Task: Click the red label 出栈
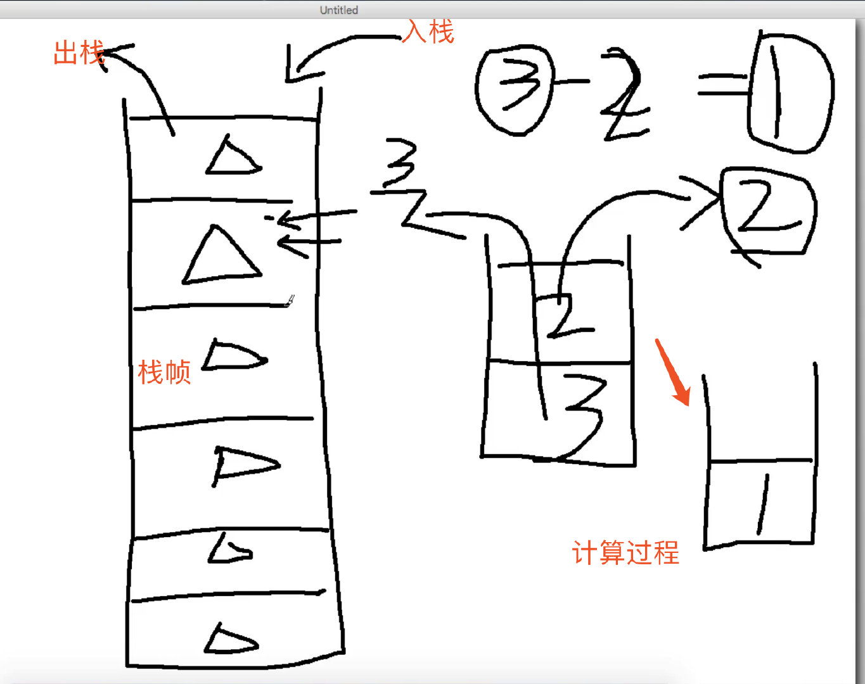click(x=78, y=53)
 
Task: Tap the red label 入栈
click(x=429, y=32)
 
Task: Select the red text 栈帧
click(x=164, y=372)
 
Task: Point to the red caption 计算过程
click(x=625, y=553)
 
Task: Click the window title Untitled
click(x=338, y=10)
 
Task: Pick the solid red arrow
click(x=673, y=372)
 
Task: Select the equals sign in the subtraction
click(x=722, y=85)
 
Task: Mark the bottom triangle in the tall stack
click(x=231, y=640)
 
